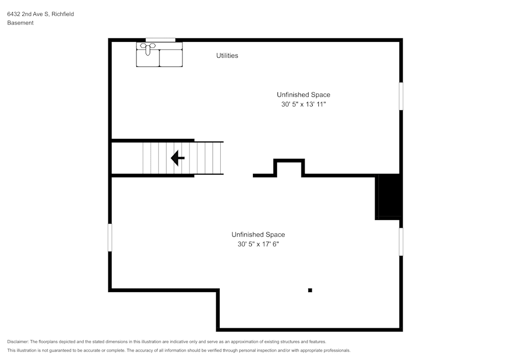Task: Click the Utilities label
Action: point(227,56)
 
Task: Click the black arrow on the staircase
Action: point(177,158)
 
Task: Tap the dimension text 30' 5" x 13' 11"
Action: point(304,104)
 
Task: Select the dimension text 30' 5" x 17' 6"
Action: point(258,244)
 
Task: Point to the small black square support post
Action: point(310,290)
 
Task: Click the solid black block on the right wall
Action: point(389,197)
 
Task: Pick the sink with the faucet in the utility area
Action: point(148,54)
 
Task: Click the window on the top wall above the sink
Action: point(160,40)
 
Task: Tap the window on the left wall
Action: point(110,237)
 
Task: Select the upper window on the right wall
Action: point(401,96)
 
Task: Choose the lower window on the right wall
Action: point(401,242)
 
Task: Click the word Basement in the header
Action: point(20,23)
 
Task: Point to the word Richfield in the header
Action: point(62,14)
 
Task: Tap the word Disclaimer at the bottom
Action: point(18,342)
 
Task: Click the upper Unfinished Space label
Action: point(304,94)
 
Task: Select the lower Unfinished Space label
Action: point(258,234)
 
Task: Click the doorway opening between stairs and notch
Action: point(238,175)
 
